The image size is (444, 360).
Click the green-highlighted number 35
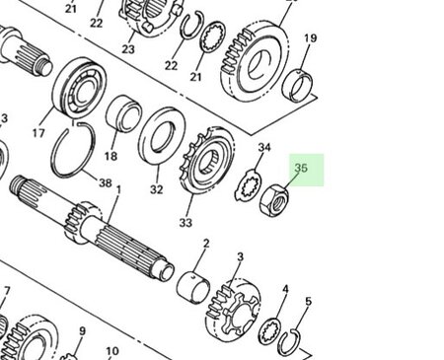tap(302, 169)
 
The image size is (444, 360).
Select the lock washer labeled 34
tap(251, 185)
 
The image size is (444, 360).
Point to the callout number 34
tap(263, 149)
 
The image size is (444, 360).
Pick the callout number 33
tap(185, 223)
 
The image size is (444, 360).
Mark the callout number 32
tap(156, 189)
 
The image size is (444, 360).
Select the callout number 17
tap(39, 132)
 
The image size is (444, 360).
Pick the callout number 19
tap(310, 39)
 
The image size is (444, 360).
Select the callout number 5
tap(308, 302)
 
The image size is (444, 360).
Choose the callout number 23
tap(128, 48)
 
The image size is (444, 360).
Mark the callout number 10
tap(112, 351)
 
